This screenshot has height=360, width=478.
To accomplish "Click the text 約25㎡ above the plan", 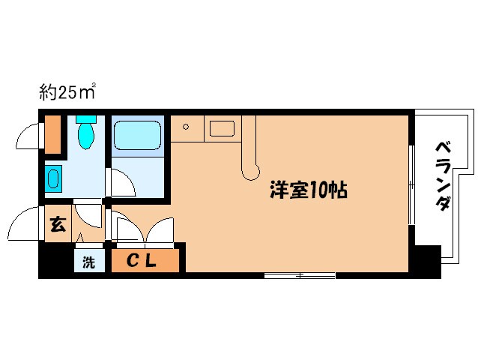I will (67, 93).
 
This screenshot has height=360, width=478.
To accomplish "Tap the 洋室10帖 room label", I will (308, 190).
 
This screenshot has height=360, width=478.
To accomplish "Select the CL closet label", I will (145, 262).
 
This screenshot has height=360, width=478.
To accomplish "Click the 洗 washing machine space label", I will (88, 263).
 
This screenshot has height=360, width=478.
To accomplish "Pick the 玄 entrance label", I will (57, 223).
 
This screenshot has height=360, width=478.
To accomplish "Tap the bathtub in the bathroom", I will (138, 136).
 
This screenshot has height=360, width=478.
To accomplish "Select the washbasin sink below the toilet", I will (53, 179).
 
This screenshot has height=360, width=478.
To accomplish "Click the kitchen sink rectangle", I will (222, 128).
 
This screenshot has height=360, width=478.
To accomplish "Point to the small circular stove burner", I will (186, 127).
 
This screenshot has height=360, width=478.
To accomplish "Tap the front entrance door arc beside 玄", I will (25, 222).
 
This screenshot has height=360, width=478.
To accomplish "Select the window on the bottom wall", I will (300, 275).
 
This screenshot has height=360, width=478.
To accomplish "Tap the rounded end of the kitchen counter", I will (248, 171).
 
